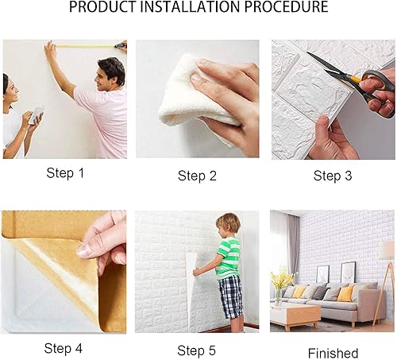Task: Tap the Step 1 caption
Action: tap(65, 173)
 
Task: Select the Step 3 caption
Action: tap(333, 176)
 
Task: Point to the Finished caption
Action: tap(333, 353)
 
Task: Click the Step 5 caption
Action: tap(196, 350)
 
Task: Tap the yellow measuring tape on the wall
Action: tap(85, 47)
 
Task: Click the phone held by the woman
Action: tap(37, 115)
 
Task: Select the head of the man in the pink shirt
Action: tap(110, 74)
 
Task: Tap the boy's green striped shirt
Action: tap(228, 258)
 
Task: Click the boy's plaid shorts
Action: tap(230, 296)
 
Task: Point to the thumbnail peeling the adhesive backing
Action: tap(85, 250)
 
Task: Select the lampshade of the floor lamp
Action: tap(387, 250)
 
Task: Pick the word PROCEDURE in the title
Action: tap(286, 6)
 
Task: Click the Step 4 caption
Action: tap(64, 348)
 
